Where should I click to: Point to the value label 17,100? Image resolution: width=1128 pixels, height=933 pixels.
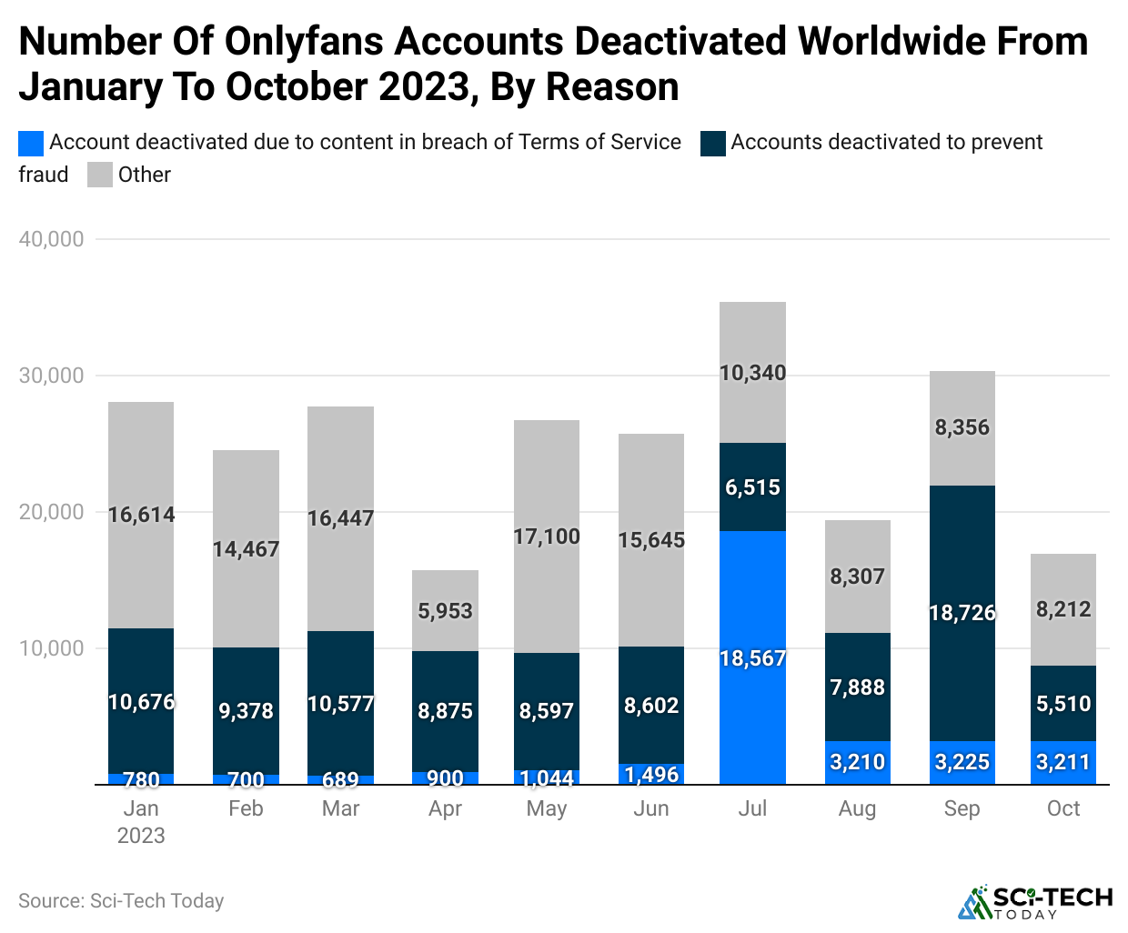tap(547, 537)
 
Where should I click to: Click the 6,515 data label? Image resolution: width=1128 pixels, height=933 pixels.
tap(752, 487)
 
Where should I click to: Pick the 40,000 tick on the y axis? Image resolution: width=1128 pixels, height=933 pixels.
tap(51, 239)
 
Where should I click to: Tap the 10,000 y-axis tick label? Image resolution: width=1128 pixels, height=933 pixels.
tap(51, 648)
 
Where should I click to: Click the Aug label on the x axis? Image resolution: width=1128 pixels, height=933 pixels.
tap(857, 808)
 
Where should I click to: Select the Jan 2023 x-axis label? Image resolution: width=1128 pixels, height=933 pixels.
tap(141, 821)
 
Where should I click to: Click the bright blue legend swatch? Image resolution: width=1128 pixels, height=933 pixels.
tap(31, 143)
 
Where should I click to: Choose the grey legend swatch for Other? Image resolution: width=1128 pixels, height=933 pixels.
tap(100, 175)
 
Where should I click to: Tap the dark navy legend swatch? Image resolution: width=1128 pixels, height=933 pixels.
tap(713, 143)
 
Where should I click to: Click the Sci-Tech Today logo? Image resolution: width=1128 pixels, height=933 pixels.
tap(1034, 902)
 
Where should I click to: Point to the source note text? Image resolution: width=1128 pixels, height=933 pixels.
tap(121, 900)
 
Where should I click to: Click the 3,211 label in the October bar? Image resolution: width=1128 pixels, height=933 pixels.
tap(1063, 762)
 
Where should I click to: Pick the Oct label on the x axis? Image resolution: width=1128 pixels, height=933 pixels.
tap(1063, 808)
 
